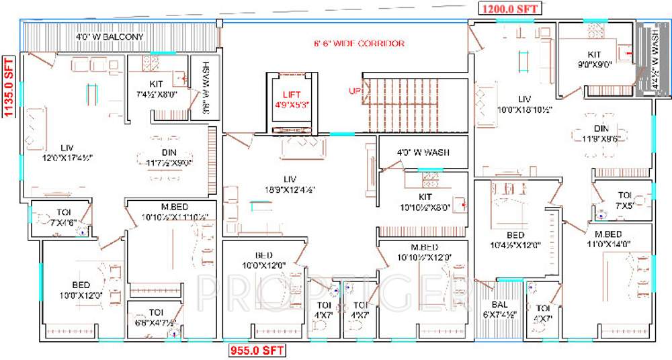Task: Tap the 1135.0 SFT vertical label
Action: click(9, 86)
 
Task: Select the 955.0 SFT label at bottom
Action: click(255, 350)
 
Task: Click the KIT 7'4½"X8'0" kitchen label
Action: click(156, 89)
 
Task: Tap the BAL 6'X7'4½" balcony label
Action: click(500, 310)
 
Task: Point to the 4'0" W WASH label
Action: click(423, 152)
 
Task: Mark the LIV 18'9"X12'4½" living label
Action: click(290, 185)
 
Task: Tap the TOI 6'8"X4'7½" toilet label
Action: click(155, 317)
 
